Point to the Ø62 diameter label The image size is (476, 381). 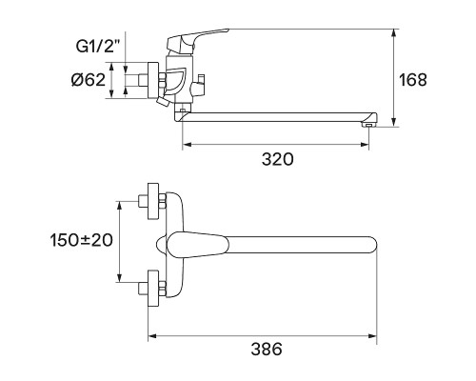[88, 80]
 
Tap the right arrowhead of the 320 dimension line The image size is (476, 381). [367, 146]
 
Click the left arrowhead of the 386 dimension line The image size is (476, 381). [149, 335]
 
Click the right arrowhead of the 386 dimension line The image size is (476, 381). [377, 335]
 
